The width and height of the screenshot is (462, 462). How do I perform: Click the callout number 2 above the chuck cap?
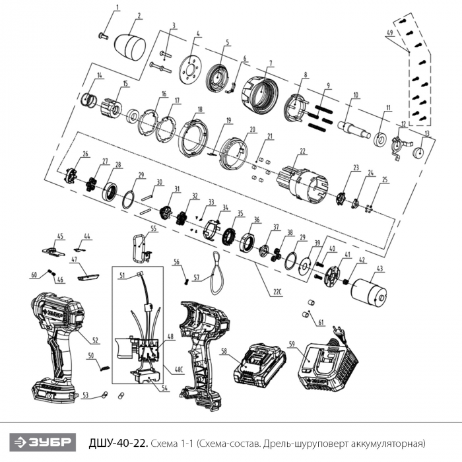coord(139,16)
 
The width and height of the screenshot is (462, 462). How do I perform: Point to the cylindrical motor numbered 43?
coord(374,291)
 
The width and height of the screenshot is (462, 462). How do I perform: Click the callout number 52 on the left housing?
coord(95,341)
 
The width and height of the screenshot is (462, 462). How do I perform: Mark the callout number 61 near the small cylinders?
coord(321,323)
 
